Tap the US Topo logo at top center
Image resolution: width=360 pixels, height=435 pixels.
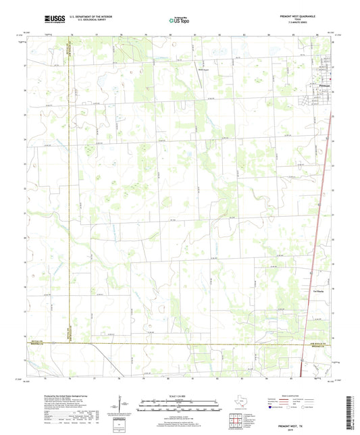click(x=179, y=21)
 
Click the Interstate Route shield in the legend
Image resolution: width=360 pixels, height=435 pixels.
click(x=272, y=408)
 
